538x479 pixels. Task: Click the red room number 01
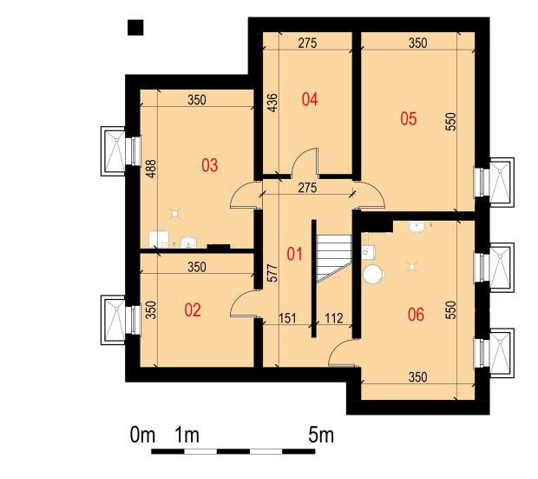294,254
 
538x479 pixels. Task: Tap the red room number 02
193,310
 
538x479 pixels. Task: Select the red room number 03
209,165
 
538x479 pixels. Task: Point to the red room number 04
310,99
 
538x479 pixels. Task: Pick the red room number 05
409,118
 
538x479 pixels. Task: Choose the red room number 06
416,315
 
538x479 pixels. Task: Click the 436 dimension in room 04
272,103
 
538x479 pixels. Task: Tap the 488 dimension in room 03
151,169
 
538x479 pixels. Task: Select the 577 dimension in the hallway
272,273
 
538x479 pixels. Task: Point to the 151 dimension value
287,318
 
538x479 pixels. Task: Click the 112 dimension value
334,318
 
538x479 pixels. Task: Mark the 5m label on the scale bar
321,435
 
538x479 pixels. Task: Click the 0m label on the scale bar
142,435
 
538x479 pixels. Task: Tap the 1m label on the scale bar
187,435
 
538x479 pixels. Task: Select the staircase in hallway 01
334,258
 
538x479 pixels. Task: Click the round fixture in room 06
373,275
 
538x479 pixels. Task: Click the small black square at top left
135,28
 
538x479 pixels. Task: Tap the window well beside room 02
113,320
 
